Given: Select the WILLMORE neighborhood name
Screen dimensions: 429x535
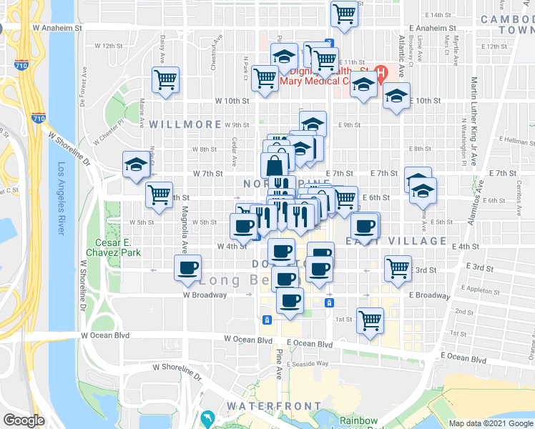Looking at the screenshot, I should [x=185, y=124].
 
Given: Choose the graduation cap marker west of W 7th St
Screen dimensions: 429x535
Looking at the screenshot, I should [x=135, y=164].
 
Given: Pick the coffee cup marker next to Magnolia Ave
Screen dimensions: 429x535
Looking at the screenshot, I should [x=188, y=267].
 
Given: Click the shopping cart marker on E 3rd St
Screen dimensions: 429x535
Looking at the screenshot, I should [x=397, y=268].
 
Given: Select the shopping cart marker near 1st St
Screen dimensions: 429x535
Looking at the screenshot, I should [x=370, y=320].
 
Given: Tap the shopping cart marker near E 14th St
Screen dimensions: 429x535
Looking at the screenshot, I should [x=345, y=12].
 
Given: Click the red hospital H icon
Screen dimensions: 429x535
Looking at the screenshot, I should [x=381, y=73].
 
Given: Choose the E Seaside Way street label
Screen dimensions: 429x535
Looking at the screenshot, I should [x=308, y=364].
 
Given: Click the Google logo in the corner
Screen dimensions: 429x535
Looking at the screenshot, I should [x=24, y=420].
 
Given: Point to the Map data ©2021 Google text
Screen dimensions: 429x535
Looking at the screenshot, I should [x=490, y=423].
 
